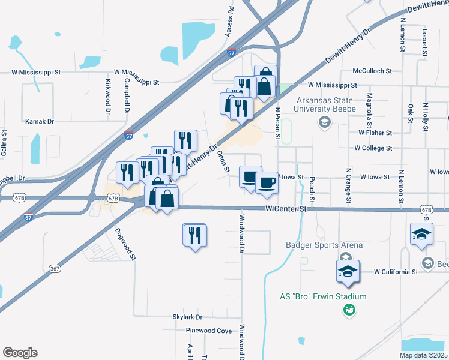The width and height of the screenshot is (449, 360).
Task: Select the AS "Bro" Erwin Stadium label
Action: click(323, 296)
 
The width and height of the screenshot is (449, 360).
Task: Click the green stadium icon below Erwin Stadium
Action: click(348, 310)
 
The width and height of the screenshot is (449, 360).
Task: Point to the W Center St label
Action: click(286, 209)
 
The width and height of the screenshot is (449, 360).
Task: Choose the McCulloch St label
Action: click(373, 70)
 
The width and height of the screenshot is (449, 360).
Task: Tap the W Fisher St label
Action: click(375, 133)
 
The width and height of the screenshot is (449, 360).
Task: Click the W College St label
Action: click(373, 148)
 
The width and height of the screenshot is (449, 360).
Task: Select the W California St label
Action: click(396, 272)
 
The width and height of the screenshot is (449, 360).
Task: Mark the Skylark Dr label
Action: click(188, 316)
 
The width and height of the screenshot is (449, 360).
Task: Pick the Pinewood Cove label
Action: click(208, 331)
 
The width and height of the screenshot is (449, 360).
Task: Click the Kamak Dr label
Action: click(40, 121)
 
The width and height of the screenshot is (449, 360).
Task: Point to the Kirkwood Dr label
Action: click(109, 96)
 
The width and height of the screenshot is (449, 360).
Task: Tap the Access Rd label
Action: click(230, 22)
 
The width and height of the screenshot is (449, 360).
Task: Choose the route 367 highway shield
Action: click(55, 268)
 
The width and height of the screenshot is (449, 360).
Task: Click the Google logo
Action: click(20, 352)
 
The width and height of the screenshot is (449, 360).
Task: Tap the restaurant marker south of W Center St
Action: click(194, 235)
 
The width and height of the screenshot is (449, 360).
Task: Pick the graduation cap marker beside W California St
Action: click(349, 271)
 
